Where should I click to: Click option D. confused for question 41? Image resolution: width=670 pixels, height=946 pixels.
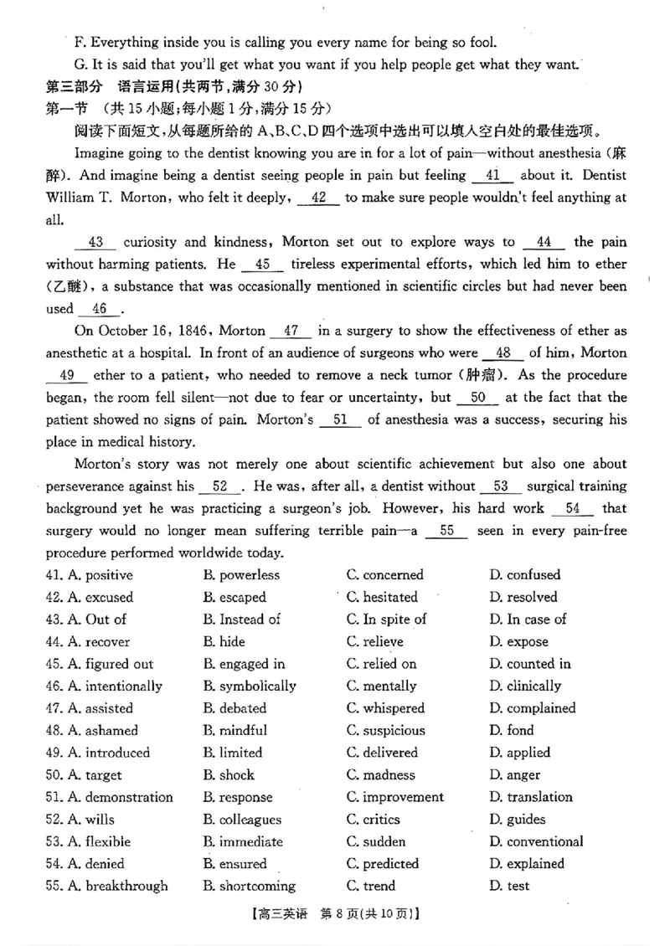[x=525, y=575]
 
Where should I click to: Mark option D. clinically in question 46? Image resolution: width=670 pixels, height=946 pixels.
[x=525, y=686]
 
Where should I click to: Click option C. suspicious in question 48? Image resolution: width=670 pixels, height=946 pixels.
[x=386, y=731]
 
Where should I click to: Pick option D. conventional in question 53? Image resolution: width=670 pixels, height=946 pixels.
[x=537, y=841]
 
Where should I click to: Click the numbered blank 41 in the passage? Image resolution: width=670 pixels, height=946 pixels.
[x=492, y=176]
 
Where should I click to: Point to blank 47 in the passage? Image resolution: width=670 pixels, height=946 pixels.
[x=292, y=331]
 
